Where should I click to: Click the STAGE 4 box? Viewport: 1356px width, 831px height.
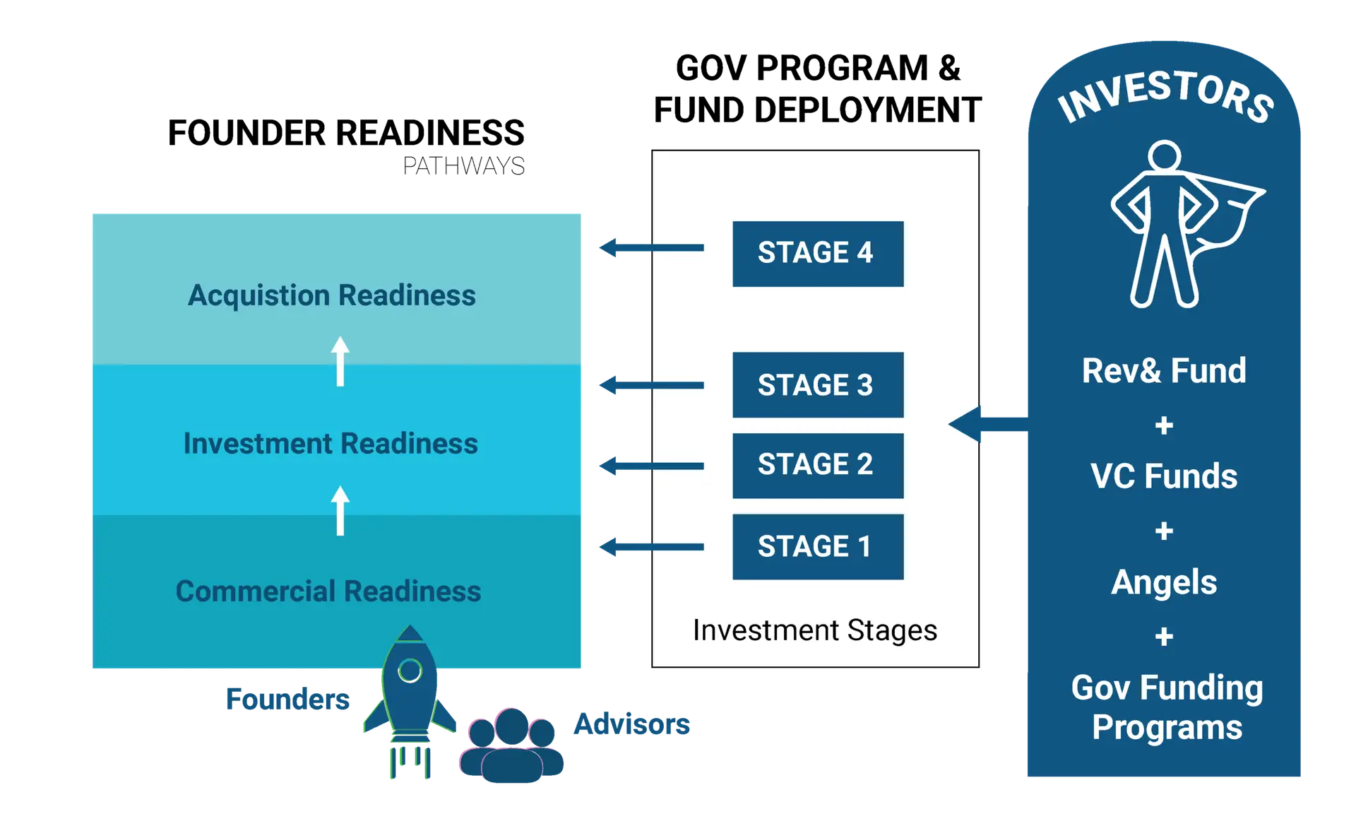point(818,254)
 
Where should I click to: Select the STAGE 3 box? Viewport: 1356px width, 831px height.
point(818,384)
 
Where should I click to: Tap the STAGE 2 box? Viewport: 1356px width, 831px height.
point(818,465)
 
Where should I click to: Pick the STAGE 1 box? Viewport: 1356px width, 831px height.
point(818,546)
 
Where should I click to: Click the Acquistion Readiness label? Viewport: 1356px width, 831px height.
point(332,295)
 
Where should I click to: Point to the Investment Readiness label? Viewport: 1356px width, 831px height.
point(331,444)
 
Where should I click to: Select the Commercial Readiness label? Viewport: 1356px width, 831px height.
point(328,591)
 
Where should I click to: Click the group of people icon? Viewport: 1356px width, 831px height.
point(511,747)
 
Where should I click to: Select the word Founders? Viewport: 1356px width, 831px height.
point(286,699)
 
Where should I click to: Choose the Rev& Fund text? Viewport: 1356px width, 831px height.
point(1164,371)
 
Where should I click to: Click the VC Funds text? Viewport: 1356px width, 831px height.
point(1164,476)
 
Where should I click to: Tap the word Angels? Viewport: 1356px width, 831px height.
point(1164,582)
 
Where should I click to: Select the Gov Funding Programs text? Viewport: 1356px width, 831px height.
point(1167,707)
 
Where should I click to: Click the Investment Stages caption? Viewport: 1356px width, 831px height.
point(815,630)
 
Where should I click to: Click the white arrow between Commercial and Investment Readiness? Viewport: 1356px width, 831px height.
point(340,510)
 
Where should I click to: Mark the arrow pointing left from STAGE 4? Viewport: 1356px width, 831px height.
point(650,247)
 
